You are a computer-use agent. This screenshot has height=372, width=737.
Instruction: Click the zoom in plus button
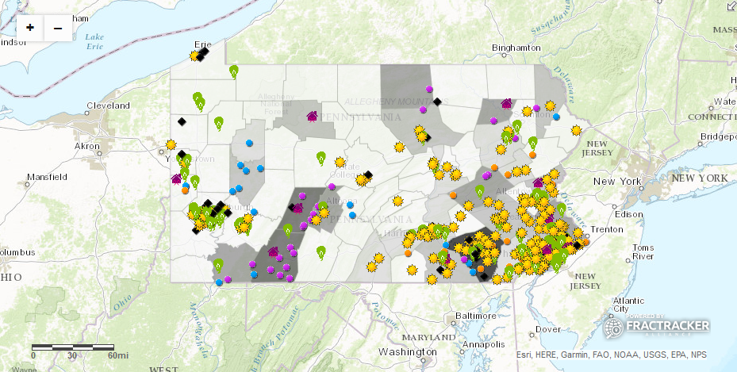click(30, 28)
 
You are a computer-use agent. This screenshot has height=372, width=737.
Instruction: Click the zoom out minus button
click(58, 28)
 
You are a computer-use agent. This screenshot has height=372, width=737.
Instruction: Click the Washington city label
click(408, 351)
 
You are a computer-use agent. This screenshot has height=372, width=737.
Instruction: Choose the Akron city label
click(86, 146)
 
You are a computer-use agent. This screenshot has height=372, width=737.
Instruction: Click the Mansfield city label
click(46, 176)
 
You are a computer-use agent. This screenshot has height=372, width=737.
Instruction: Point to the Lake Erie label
click(94, 41)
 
